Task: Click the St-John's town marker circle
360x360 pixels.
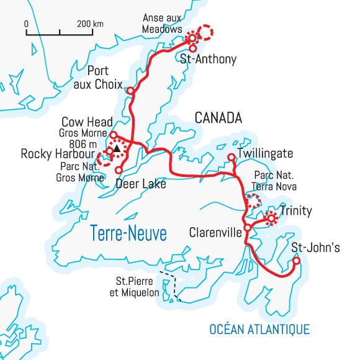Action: pyautogui.click(x=296, y=261)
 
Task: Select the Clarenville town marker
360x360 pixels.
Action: pyautogui.click(x=247, y=228)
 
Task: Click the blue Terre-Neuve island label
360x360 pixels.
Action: pyautogui.click(x=128, y=233)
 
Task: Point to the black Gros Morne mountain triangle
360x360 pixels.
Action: pyautogui.click(x=116, y=149)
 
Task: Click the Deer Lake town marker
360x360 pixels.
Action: pyautogui.click(x=118, y=169)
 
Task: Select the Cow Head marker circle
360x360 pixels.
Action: pyautogui.click(x=113, y=134)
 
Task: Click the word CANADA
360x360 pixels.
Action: pyautogui.click(x=217, y=117)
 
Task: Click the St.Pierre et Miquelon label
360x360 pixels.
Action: pyautogui.click(x=135, y=287)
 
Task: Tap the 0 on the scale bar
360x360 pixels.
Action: pyautogui.click(x=27, y=24)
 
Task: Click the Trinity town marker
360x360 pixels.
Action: pyautogui.click(x=271, y=218)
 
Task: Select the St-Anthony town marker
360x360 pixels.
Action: pyautogui.click(x=192, y=48)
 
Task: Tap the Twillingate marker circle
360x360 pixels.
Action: pyautogui.click(x=231, y=157)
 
